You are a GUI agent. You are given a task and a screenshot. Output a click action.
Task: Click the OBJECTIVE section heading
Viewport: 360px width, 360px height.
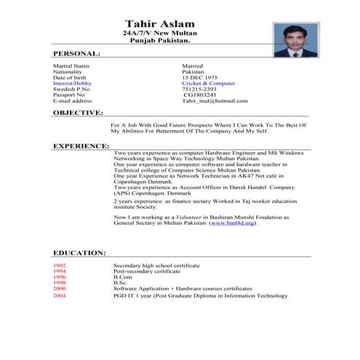(x=78, y=113)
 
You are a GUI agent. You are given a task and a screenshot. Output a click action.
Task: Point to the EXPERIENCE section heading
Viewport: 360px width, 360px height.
(x=81, y=146)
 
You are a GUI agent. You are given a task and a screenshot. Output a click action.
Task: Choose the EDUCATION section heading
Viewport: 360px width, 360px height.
(x=79, y=253)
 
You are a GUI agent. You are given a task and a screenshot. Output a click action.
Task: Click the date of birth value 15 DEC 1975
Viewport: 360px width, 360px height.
(x=199, y=78)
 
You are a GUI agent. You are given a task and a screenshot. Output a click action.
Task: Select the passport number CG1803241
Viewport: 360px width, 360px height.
(x=200, y=95)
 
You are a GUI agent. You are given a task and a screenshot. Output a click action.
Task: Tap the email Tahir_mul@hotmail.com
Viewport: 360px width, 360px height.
(x=215, y=101)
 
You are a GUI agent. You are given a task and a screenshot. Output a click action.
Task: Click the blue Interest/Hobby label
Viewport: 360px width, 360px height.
(x=72, y=84)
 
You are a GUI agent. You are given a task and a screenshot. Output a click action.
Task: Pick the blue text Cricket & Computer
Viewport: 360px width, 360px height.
(x=208, y=84)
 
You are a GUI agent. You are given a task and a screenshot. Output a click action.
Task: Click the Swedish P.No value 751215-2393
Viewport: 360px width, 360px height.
(x=199, y=89)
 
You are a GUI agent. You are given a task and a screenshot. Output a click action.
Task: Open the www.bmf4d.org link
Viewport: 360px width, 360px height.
(x=233, y=223)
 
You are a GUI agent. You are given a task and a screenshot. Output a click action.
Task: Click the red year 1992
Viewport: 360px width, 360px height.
(x=59, y=266)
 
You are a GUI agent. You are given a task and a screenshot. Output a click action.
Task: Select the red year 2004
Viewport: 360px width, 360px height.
(x=59, y=296)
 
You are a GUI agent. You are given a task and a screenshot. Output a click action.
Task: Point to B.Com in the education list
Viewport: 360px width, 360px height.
(x=121, y=278)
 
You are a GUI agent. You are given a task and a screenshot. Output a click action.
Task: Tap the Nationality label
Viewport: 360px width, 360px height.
(x=68, y=72)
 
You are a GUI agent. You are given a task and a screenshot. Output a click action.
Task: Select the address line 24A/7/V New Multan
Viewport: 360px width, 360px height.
(x=158, y=34)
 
